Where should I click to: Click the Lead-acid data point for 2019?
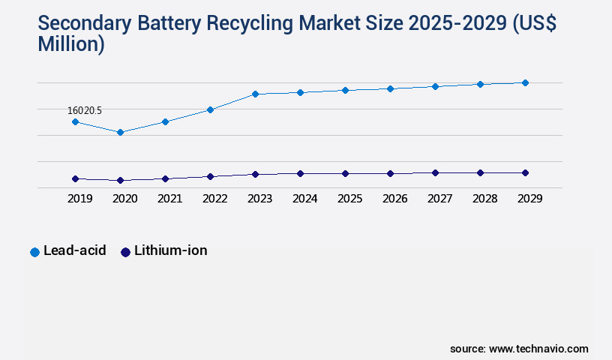[x=75, y=121]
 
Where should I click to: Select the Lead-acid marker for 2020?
[x=120, y=132]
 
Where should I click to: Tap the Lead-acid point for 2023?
[x=255, y=94]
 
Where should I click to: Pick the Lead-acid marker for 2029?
[x=525, y=82]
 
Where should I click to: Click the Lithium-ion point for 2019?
[x=75, y=178]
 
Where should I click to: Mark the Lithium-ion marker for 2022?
[x=210, y=176]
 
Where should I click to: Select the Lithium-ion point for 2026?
[x=390, y=173]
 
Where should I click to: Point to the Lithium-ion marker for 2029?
[x=525, y=172]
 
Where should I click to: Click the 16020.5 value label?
[x=85, y=110]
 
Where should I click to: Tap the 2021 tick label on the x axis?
[x=169, y=199]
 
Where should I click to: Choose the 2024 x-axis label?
[x=304, y=199]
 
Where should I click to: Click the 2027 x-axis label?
[x=439, y=199]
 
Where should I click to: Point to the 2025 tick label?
[x=349, y=199]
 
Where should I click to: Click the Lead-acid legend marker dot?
[x=34, y=252]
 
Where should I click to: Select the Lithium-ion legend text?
[x=170, y=250]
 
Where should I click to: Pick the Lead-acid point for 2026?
[x=390, y=88]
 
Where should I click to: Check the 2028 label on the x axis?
[x=484, y=199]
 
